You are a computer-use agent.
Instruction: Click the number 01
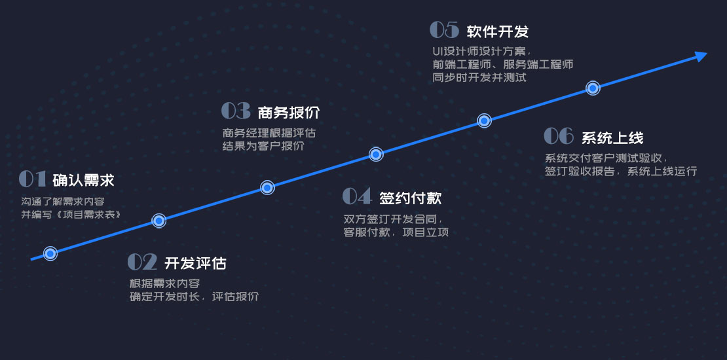click(x=33, y=179)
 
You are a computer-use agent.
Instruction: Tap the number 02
click(x=142, y=262)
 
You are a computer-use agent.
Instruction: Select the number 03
click(x=236, y=110)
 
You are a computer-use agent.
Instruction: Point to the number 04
click(x=357, y=196)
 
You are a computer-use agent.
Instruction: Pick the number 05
click(x=444, y=29)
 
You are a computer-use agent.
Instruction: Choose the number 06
click(x=559, y=135)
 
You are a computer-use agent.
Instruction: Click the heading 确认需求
click(x=83, y=180)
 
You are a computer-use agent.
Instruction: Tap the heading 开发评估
click(x=195, y=263)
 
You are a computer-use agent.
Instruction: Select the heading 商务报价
click(x=289, y=112)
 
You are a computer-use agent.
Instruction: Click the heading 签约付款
click(x=410, y=198)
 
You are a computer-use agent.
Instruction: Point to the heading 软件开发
click(x=498, y=31)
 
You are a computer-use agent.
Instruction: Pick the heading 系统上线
click(x=612, y=137)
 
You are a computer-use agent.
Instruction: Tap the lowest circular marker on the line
click(x=50, y=253)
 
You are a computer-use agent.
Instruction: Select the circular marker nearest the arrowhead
click(x=593, y=88)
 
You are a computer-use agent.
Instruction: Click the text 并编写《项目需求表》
click(x=71, y=215)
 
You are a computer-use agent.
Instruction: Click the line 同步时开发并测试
click(x=479, y=77)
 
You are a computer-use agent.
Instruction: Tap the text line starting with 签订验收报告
click(x=621, y=171)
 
